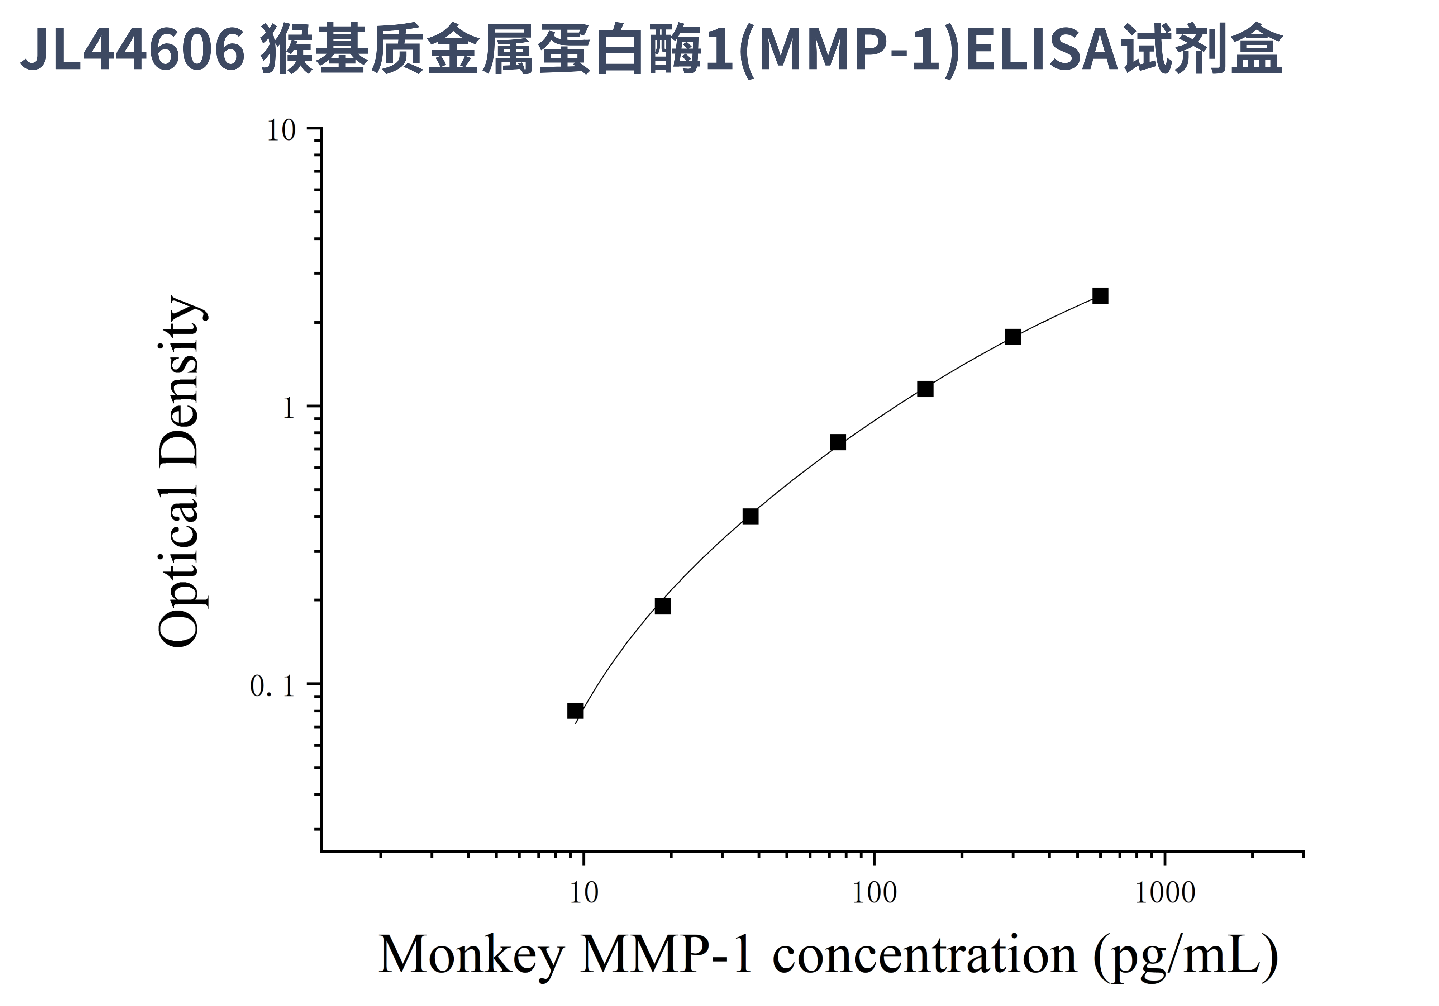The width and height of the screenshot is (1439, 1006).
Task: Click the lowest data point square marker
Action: pos(575,711)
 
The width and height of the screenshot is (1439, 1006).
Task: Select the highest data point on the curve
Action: pos(1100,296)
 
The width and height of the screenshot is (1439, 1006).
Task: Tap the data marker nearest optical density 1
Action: pos(925,389)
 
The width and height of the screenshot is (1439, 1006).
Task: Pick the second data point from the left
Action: pos(662,606)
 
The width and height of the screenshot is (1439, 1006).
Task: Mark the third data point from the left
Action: pos(750,517)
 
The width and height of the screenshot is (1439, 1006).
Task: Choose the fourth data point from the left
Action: pos(838,442)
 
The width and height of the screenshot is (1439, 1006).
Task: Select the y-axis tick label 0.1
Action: pos(272,686)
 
